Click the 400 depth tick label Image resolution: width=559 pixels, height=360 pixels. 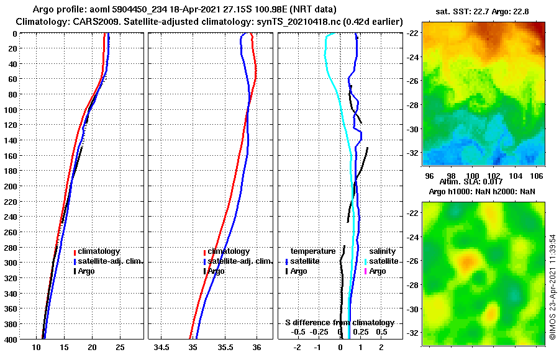(11, 339)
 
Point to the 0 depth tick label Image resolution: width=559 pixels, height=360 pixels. (14, 34)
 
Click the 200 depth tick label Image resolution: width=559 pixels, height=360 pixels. (11, 186)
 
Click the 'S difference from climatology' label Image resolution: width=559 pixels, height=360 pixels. (340, 323)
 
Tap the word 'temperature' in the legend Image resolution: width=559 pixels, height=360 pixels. (313, 251)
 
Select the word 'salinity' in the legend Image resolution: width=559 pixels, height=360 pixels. (383, 251)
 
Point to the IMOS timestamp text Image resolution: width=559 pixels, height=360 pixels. (552, 285)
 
